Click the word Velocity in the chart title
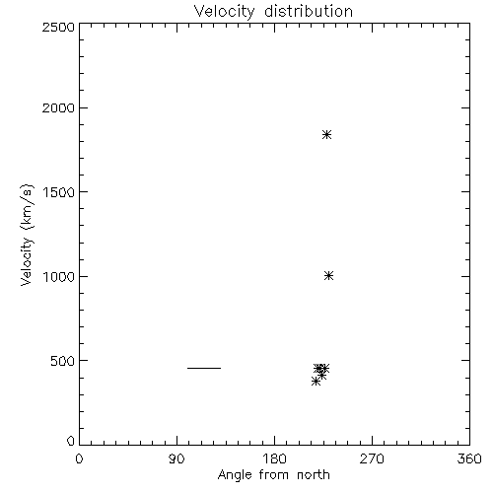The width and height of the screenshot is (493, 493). (x=225, y=12)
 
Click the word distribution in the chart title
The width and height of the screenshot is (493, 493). (x=309, y=11)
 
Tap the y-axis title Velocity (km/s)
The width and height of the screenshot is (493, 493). (x=27, y=236)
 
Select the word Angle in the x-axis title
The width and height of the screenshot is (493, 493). (x=235, y=475)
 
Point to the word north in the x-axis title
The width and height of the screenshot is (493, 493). (x=314, y=474)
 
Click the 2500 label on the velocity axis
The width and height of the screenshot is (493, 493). (x=58, y=27)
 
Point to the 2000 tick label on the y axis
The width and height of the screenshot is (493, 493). (x=58, y=107)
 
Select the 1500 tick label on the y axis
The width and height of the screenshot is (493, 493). (x=59, y=192)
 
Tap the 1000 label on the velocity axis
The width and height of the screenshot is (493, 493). (x=59, y=276)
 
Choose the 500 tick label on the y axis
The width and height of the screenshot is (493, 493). (x=62, y=361)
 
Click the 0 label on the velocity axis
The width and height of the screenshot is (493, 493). (x=71, y=441)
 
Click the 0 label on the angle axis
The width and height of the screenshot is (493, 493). (x=79, y=458)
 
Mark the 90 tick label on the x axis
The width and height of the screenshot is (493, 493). (x=176, y=458)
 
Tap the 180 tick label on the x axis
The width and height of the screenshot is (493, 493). (x=274, y=458)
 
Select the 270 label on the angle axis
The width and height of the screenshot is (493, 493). (x=372, y=458)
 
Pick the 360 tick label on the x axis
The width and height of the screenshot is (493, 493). (x=469, y=458)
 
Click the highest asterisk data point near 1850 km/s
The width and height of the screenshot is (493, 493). (x=326, y=134)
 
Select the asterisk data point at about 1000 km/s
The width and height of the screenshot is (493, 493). (x=328, y=275)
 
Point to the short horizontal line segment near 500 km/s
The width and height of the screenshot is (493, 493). (x=204, y=368)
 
